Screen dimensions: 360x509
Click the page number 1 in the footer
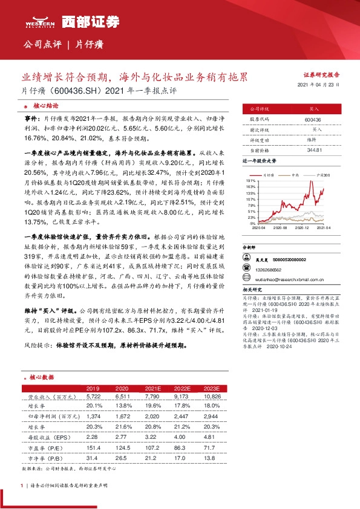(22, 485)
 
